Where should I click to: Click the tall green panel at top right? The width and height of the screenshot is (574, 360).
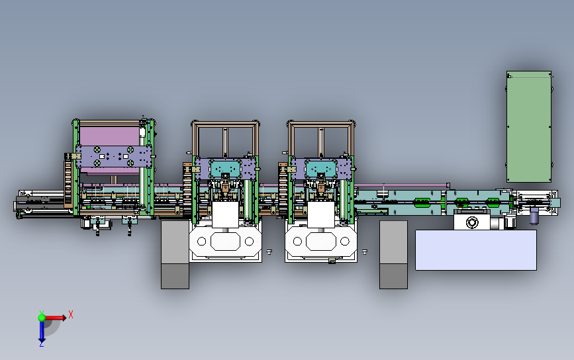(529, 126)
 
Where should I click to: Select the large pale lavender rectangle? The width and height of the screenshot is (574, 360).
(476, 250)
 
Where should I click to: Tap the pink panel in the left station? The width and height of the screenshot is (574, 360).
(109, 136)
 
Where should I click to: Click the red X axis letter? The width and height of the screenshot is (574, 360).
(71, 314)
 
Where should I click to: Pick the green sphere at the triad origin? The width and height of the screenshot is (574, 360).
(42, 318)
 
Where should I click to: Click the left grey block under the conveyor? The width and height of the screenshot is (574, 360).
(175, 255)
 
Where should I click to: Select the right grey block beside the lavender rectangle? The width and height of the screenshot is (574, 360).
(393, 255)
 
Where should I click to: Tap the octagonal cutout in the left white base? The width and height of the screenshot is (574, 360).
(225, 242)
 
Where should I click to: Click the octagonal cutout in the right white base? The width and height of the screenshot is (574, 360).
(321, 242)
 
